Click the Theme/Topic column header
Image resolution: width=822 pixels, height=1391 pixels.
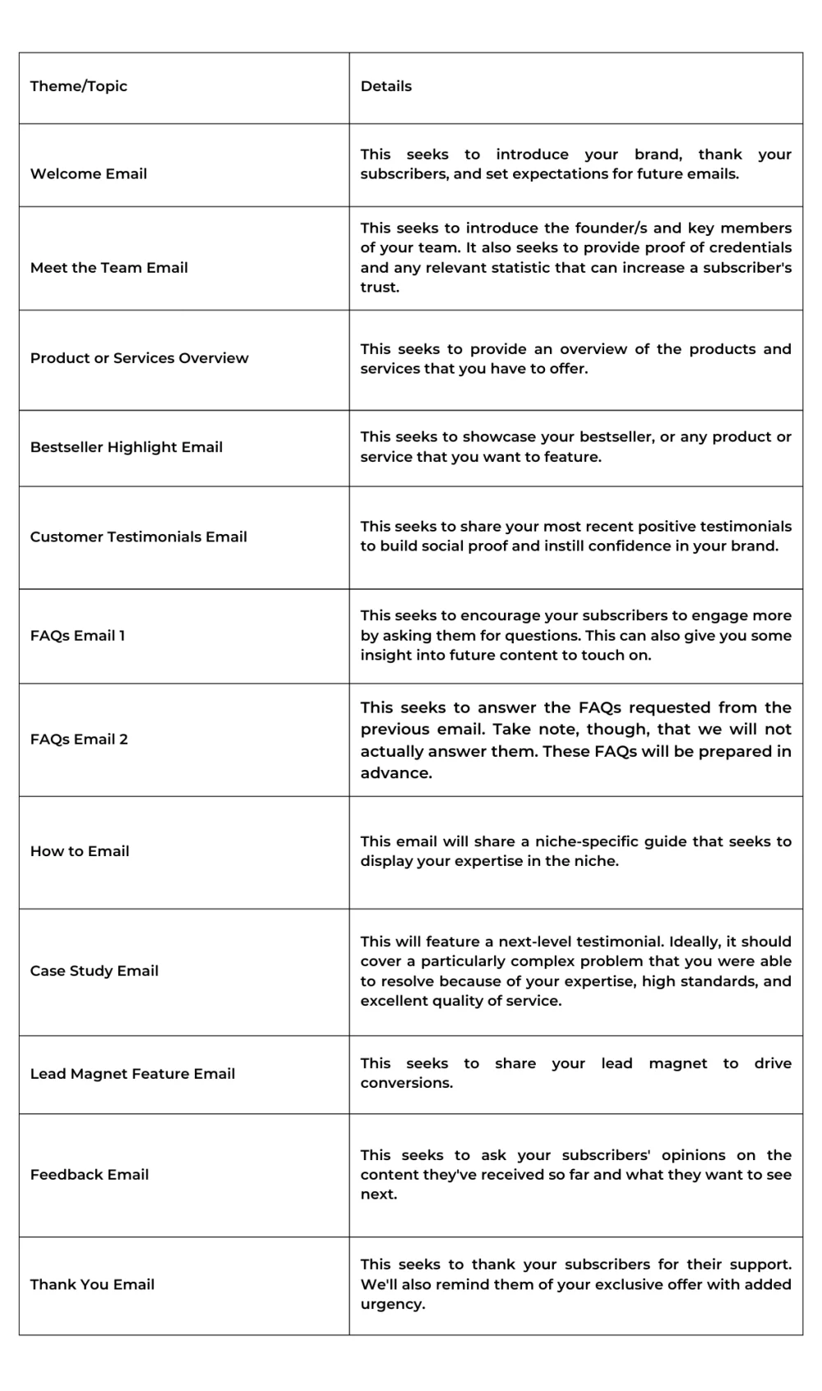pos(79,86)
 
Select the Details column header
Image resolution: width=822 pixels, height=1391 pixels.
pos(386,86)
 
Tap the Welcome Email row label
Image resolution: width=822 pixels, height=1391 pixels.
pos(89,173)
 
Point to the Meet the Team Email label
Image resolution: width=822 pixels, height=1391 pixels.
pos(109,268)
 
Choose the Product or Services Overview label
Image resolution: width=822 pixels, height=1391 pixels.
pos(139,358)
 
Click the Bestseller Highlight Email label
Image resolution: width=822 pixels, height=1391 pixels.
pos(127,447)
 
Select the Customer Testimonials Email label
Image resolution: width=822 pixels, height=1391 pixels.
pos(138,537)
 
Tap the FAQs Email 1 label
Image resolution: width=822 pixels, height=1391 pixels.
pos(78,635)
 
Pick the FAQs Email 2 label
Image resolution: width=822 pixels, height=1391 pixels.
pos(79,739)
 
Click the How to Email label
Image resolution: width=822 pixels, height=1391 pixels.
pos(80,851)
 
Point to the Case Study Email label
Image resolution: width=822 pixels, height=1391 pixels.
pos(95,970)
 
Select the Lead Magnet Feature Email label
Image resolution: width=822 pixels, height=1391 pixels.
pos(132,1073)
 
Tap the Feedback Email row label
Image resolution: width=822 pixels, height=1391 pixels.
pos(90,1174)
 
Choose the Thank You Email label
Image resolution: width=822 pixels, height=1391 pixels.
pos(92,1284)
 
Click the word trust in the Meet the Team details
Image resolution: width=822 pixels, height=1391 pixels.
pos(378,288)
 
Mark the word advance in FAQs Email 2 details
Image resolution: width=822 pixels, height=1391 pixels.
pos(395,773)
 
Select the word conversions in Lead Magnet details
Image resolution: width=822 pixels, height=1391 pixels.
pos(405,1083)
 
